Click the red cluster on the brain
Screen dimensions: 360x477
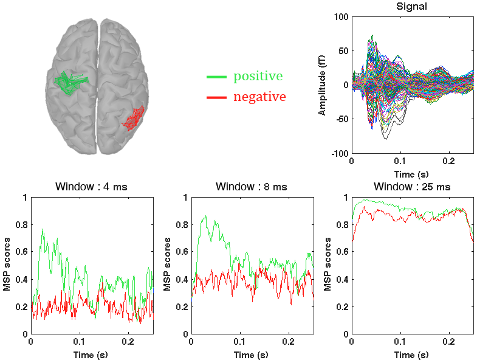(x=133, y=118)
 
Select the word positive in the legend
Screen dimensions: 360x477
(x=258, y=77)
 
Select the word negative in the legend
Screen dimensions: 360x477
(x=259, y=97)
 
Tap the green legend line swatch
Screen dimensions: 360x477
(x=217, y=77)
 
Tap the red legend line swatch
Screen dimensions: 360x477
(x=217, y=97)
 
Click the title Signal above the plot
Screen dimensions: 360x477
(x=411, y=7)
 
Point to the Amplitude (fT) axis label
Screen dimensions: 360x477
(x=322, y=86)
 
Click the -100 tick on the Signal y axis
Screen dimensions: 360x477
(x=337, y=154)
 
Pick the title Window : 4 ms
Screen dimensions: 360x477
(x=92, y=187)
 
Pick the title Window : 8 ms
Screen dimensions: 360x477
(x=252, y=187)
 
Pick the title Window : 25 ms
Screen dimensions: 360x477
(x=412, y=187)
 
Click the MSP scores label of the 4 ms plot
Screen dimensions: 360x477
(x=7, y=266)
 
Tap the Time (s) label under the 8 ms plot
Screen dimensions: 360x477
(x=252, y=355)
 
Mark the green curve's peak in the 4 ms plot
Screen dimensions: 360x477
(x=43, y=229)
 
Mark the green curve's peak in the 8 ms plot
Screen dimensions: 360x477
(x=205, y=215)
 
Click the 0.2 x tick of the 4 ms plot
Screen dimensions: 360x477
(x=128, y=342)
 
